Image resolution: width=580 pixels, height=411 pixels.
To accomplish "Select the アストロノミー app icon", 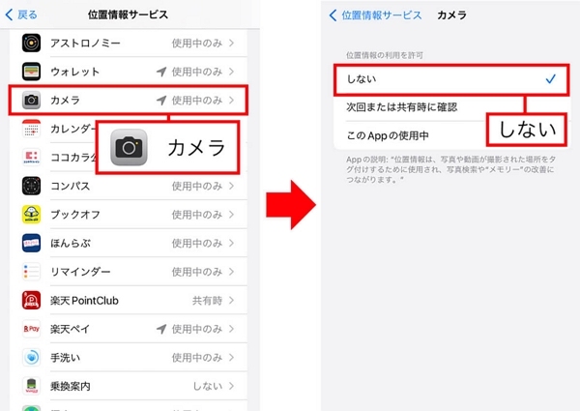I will [x=31, y=44].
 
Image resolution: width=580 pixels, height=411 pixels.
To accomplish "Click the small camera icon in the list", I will [x=31, y=100].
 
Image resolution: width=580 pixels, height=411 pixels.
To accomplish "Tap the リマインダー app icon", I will [x=31, y=271].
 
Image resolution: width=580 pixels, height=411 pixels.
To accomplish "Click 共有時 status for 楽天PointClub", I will [x=206, y=300].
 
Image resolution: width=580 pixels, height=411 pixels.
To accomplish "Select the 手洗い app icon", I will [x=31, y=357].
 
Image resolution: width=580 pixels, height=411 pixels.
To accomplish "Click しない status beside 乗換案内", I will [x=208, y=385].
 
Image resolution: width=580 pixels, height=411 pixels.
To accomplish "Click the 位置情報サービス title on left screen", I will [x=127, y=15].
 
